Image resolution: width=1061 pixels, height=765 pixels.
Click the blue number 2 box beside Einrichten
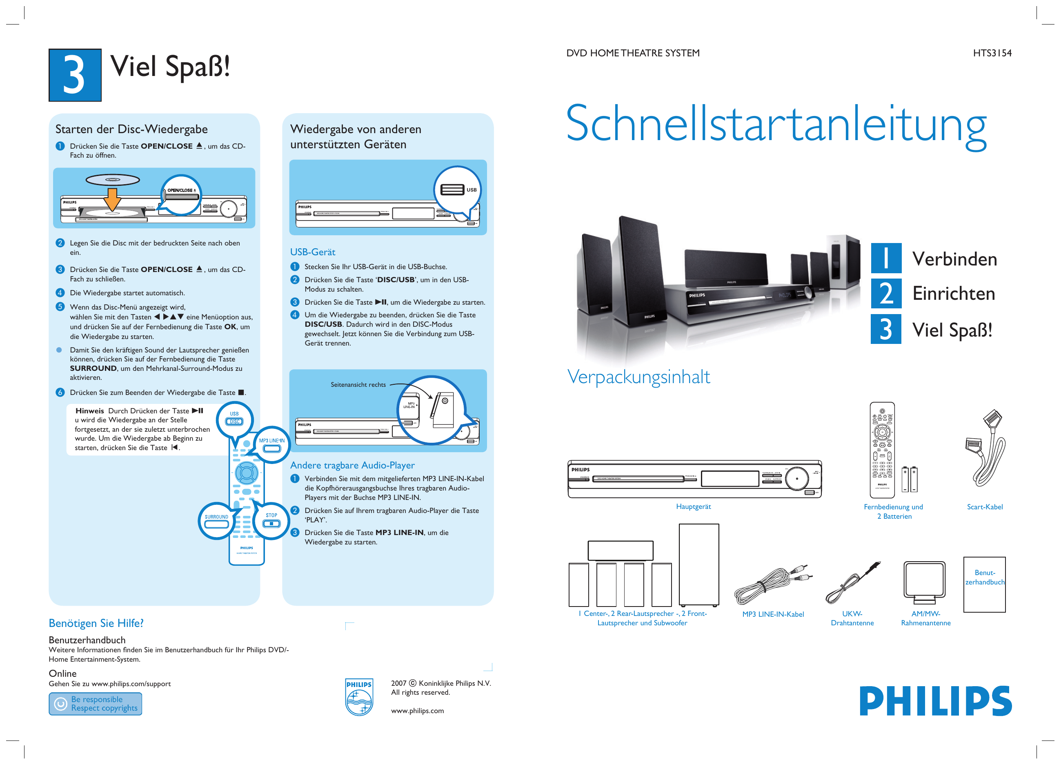coord(885,294)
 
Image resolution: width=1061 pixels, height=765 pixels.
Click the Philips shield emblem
coord(359,697)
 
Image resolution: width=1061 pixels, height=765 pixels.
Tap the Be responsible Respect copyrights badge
coord(96,703)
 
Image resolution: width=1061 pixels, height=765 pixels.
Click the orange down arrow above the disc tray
coord(112,199)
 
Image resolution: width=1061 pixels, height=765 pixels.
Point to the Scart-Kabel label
coord(984,506)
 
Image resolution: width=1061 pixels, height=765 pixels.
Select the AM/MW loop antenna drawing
coord(924,582)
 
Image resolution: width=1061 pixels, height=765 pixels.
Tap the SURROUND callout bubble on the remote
coord(216,521)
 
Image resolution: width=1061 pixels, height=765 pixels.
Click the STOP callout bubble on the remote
coord(271,520)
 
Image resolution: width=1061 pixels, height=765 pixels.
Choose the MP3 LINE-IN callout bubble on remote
coord(272,445)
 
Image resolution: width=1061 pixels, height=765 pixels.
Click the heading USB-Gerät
coord(312,252)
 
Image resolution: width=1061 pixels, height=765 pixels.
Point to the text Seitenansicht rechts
coord(358,384)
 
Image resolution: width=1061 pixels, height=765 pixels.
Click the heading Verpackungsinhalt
coord(638,377)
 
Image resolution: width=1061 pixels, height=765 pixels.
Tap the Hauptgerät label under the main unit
coord(693,506)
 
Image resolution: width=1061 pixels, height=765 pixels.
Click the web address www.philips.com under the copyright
coord(417,710)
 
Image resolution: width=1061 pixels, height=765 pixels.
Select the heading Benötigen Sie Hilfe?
coord(96,623)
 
